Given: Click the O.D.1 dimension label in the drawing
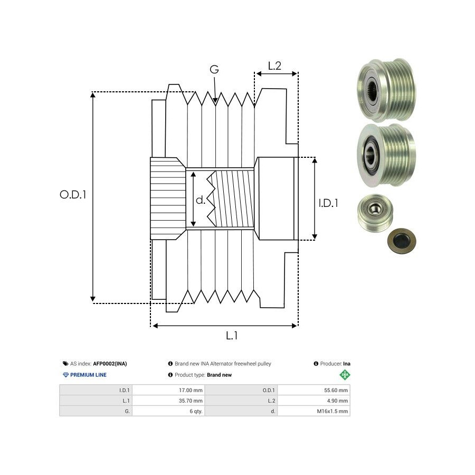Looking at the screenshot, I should pyautogui.click(x=73, y=194).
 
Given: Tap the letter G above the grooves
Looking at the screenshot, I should pyautogui.click(x=214, y=70).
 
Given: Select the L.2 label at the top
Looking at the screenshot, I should pyautogui.click(x=274, y=66).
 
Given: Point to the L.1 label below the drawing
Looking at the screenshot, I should pyautogui.click(x=232, y=335).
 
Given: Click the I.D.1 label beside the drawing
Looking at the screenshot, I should pyautogui.click(x=328, y=202).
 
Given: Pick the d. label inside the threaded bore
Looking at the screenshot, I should pyautogui.click(x=200, y=200).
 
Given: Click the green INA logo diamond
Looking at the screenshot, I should pyautogui.click(x=345, y=375).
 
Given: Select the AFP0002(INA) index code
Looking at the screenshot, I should pyautogui.click(x=110, y=364).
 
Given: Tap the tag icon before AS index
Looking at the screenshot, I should pyautogui.click(x=65, y=364).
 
